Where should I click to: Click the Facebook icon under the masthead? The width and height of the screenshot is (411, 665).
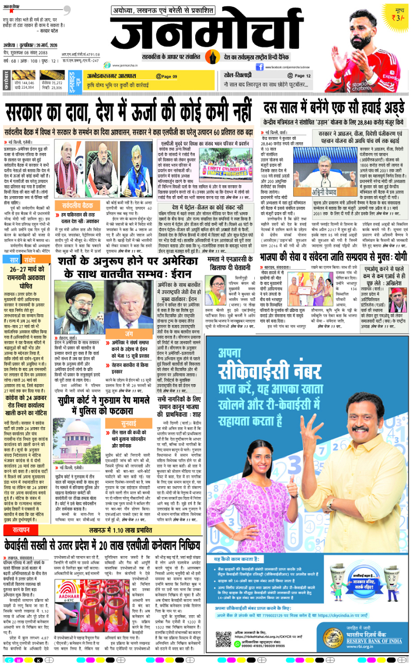point(259,67)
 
